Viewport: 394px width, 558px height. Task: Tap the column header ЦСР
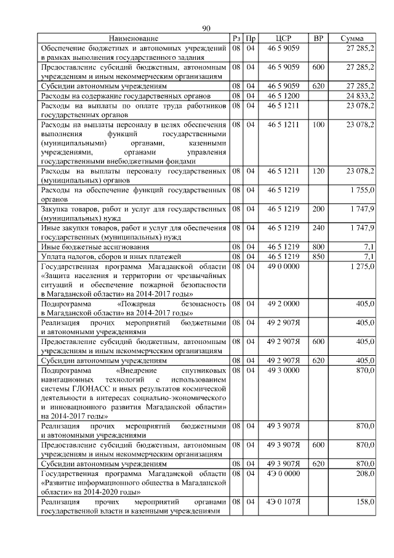pyautogui.click(x=283, y=39)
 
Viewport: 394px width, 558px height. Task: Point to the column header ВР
pyautogui.click(x=318, y=39)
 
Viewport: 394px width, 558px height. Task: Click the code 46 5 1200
pyautogui.click(x=283, y=96)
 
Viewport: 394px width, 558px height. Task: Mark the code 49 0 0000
pyautogui.click(x=283, y=266)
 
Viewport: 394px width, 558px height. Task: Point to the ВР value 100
pyautogui.click(x=318, y=125)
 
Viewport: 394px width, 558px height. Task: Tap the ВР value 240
pyautogui.click(x=318, y=228)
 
